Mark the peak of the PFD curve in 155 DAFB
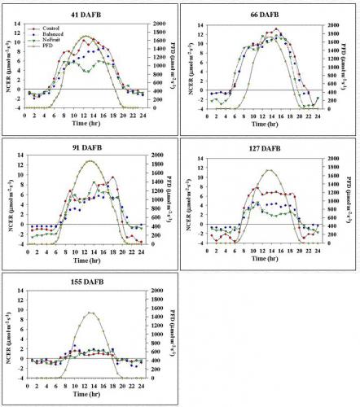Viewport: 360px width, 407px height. coord(92,313)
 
